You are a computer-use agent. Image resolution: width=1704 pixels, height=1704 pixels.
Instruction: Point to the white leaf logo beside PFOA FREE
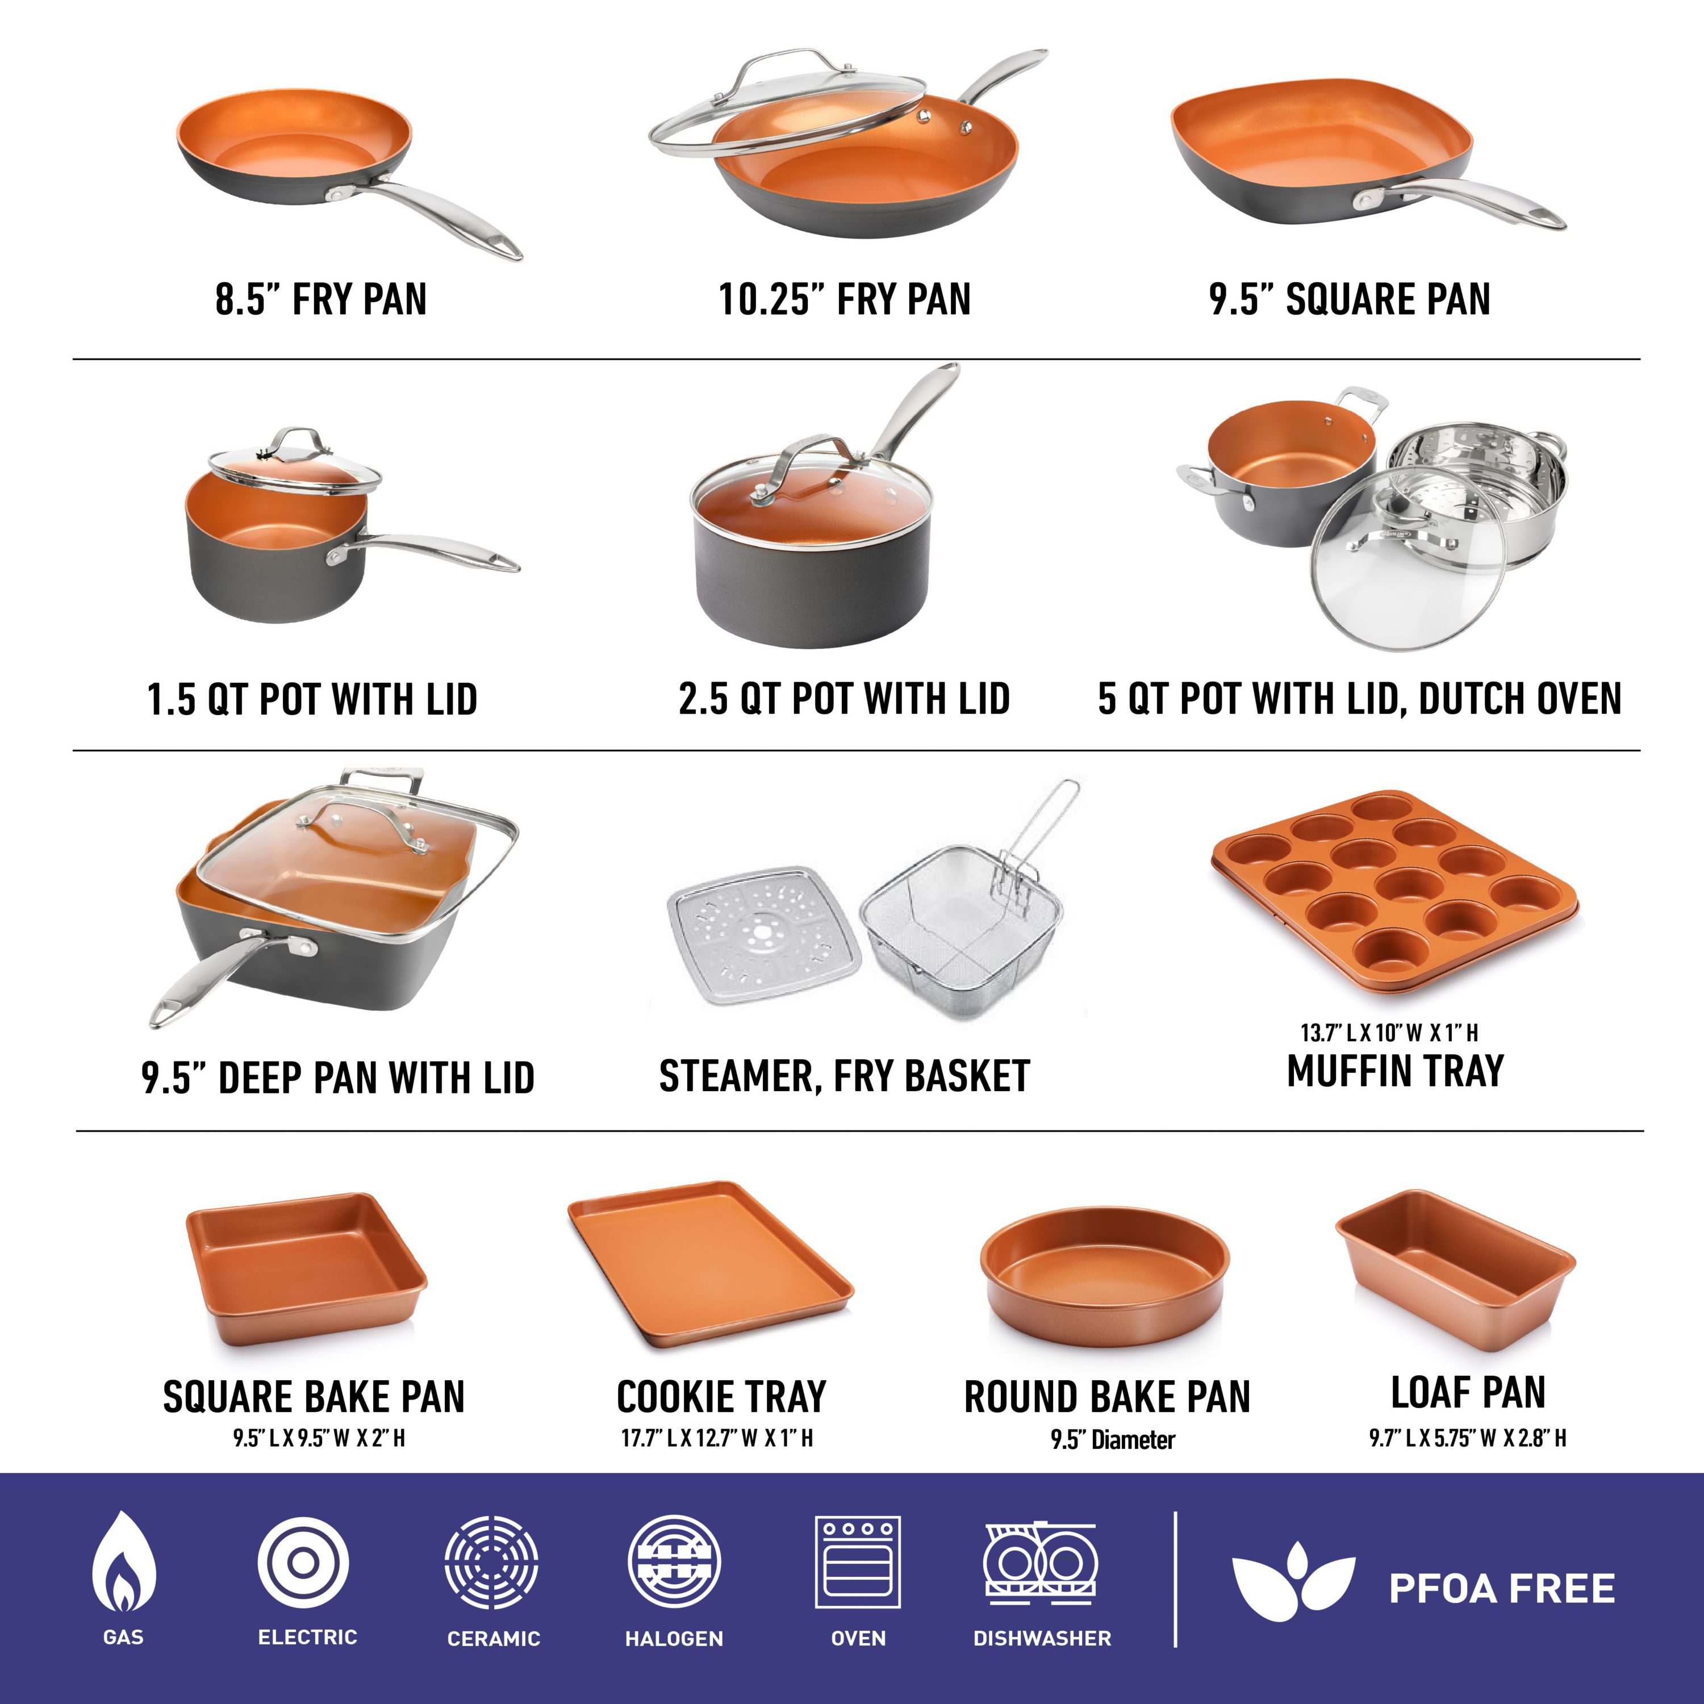tap(1293, 1588)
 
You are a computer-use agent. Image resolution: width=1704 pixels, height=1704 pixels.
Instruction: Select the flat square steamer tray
tap(762, 935)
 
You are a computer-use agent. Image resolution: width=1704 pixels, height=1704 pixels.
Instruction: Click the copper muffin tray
tap(1393, 895)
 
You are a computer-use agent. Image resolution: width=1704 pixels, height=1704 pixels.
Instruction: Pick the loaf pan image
tap(1455, 1270)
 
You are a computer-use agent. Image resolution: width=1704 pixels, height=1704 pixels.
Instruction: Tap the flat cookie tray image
tap(710, 1261)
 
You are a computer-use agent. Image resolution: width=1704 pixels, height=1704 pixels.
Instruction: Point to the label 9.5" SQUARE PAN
tap(1350, 300)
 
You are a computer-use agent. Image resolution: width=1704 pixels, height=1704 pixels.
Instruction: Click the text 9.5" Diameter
tap(1112, 1440)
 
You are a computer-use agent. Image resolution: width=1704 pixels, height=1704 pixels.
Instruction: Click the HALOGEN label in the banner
tap(674, 1638)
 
